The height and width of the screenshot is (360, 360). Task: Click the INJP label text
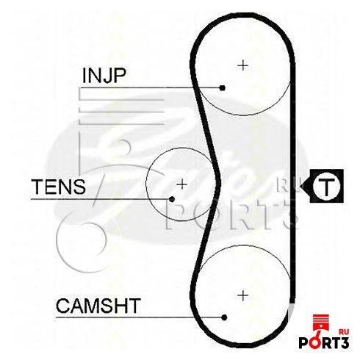click(104, 76)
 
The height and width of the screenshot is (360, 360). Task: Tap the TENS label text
click(59, 187)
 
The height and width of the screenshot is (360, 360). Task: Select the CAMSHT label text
click(98, 306)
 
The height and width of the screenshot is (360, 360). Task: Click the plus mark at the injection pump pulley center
click(243, 65)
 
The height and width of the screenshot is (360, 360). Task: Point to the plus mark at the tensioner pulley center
click(182, 184)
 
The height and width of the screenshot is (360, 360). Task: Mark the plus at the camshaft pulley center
click(243, 295)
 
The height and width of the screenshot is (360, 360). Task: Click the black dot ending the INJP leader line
click(222, 87)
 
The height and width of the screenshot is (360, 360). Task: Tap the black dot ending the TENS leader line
click(172, 199)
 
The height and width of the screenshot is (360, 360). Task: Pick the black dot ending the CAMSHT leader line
click(224, 317)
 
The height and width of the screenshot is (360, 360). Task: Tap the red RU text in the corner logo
click(344, 332)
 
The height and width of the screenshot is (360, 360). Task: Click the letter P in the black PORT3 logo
click(304, 343)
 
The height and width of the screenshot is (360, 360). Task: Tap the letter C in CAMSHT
click(63, 306)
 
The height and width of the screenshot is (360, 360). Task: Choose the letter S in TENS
click(79, 187)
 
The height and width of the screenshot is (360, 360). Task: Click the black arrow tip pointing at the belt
click(301, 186)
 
